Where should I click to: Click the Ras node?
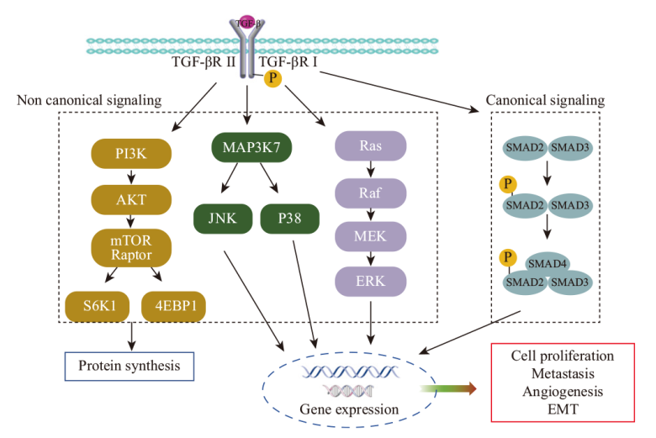(x=371, y=146)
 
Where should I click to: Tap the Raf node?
(x=371, y=192)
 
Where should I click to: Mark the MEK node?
(x=371, y=236)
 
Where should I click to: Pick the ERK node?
(x=371, y=281)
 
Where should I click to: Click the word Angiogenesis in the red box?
(x=563, y=391)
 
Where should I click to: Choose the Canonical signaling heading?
(x=545, y=101)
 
